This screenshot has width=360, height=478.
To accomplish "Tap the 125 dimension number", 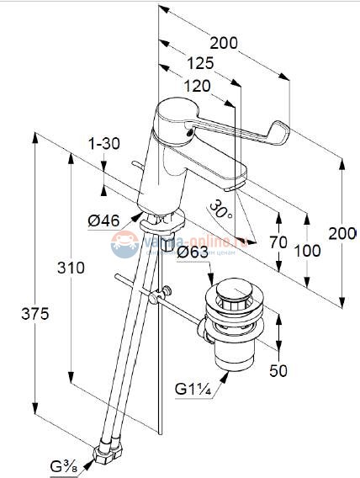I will (x=199, y=63).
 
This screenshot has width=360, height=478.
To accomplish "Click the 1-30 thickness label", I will (x=104, y=143).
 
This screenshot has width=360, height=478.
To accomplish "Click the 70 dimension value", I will (x=278, y=242).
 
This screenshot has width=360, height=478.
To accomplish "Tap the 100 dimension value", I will (x=309, y=250).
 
